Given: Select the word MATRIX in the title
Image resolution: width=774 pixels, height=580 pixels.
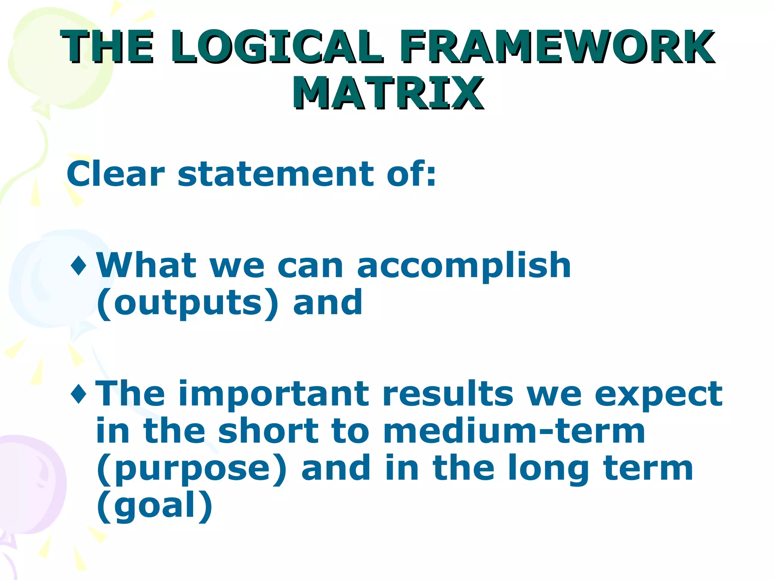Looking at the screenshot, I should (x=387, y=93).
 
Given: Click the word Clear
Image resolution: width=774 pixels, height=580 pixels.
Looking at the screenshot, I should (x=116, y=174).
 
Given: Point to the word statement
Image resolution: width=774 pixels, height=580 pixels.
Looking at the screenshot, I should (x=276, y=174).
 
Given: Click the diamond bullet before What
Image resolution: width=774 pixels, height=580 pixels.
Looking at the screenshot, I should (x=79, y=265).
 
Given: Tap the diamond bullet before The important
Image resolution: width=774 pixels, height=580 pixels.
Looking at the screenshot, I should (x=79, y=394).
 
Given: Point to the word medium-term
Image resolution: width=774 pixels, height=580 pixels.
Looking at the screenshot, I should (x=514, y=431).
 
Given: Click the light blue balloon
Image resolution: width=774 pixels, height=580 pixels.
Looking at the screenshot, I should (x=45, y=279).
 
